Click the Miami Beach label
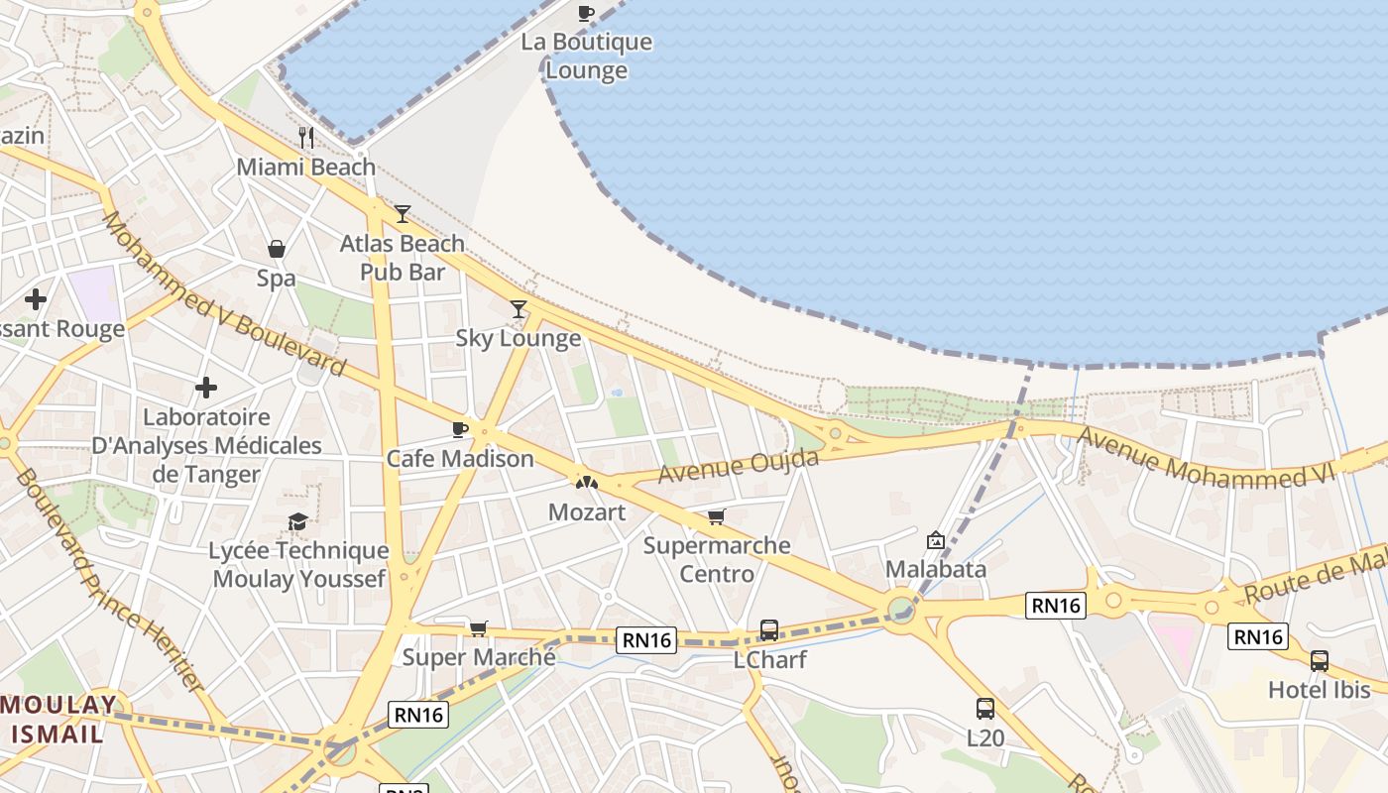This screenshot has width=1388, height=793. coord(305,167)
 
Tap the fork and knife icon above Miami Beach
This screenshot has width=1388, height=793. coord(306,137)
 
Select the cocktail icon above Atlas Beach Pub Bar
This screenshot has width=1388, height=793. coord(402,213)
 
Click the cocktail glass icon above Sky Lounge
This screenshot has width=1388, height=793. coord(518,309)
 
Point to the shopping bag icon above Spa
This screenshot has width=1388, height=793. coord(277,249)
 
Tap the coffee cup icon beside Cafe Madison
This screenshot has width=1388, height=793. coord(459,429)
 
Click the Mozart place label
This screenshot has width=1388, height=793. coord(587,512)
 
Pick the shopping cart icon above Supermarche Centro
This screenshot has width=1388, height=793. coord(716,516)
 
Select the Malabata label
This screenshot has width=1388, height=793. coord(935,569)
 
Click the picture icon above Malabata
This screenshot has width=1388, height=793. coord(935,540)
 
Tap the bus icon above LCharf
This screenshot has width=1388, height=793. coord(768,629)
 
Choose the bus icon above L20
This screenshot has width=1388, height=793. coord(984,709)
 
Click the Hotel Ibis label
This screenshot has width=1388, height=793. coord(1319,690)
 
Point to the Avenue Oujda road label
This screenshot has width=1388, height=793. coord(739,466)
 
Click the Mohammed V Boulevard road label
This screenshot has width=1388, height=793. coord(223,294)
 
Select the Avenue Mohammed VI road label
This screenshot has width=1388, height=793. coord(1206,458)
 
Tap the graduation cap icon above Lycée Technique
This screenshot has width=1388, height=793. coord(297,521)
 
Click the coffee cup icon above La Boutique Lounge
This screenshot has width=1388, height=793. coord(586,13)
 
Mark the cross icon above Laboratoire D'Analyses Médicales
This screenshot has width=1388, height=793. coord(206,388)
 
